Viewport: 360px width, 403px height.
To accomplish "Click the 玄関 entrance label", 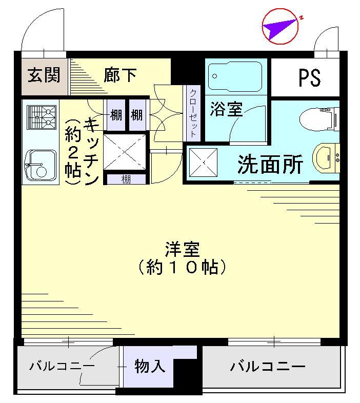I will pyautogui.click(x=44, y=75).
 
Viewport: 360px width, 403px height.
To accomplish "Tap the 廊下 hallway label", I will pyautogui.click(x=120, y=75).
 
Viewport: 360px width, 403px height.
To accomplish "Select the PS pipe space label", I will pyautogui.click(x=310, y=77).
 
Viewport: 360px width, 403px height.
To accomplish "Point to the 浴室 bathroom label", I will pyautogui.click(x=226, y=109).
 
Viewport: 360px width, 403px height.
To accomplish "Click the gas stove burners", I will pyautogui.click(x=42, y=117).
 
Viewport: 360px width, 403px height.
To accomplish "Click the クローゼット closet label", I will pyautogui.click(x=193, y=113).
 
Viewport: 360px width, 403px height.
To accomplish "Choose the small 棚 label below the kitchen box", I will pyautogui.click(x=126, y=179).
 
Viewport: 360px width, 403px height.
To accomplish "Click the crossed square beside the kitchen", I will pyautogui.click(x=125, y=151).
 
